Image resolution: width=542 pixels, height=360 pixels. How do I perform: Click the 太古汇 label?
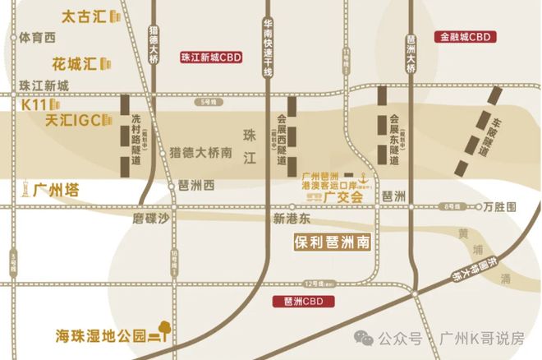click(x=85, y=16)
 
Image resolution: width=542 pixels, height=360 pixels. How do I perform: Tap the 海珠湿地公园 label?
click(x=100, y=335)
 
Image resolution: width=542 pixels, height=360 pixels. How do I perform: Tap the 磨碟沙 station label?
click(x=150, y=219)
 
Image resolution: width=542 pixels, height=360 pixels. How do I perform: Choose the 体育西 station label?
click(x=37, y=38)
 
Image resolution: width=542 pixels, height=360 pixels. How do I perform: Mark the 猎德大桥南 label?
click(x=200, y=151)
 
